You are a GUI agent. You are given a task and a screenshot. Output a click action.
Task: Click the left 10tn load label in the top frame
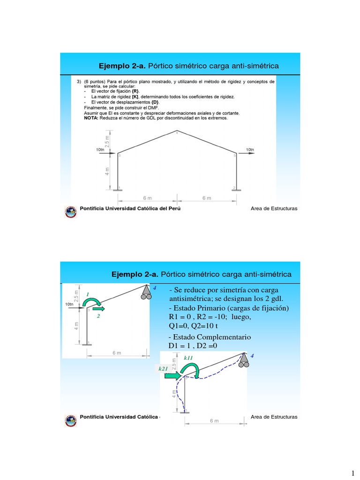(100, 150)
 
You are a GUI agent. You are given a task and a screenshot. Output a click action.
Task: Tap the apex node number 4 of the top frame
(177, 133)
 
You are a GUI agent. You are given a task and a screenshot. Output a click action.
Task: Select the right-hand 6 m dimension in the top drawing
(206, 198)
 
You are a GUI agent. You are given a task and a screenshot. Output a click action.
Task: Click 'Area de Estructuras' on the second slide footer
(274, 417)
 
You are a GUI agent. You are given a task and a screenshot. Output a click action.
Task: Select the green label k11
(188, 358)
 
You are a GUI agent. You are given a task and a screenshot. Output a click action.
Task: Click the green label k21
(163, 369)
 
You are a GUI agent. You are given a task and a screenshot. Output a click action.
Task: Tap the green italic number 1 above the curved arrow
(87, 294)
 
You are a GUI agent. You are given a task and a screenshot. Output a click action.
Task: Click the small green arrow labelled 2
(99, 309)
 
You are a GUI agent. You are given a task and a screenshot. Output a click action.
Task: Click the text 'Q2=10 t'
(205, 326)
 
